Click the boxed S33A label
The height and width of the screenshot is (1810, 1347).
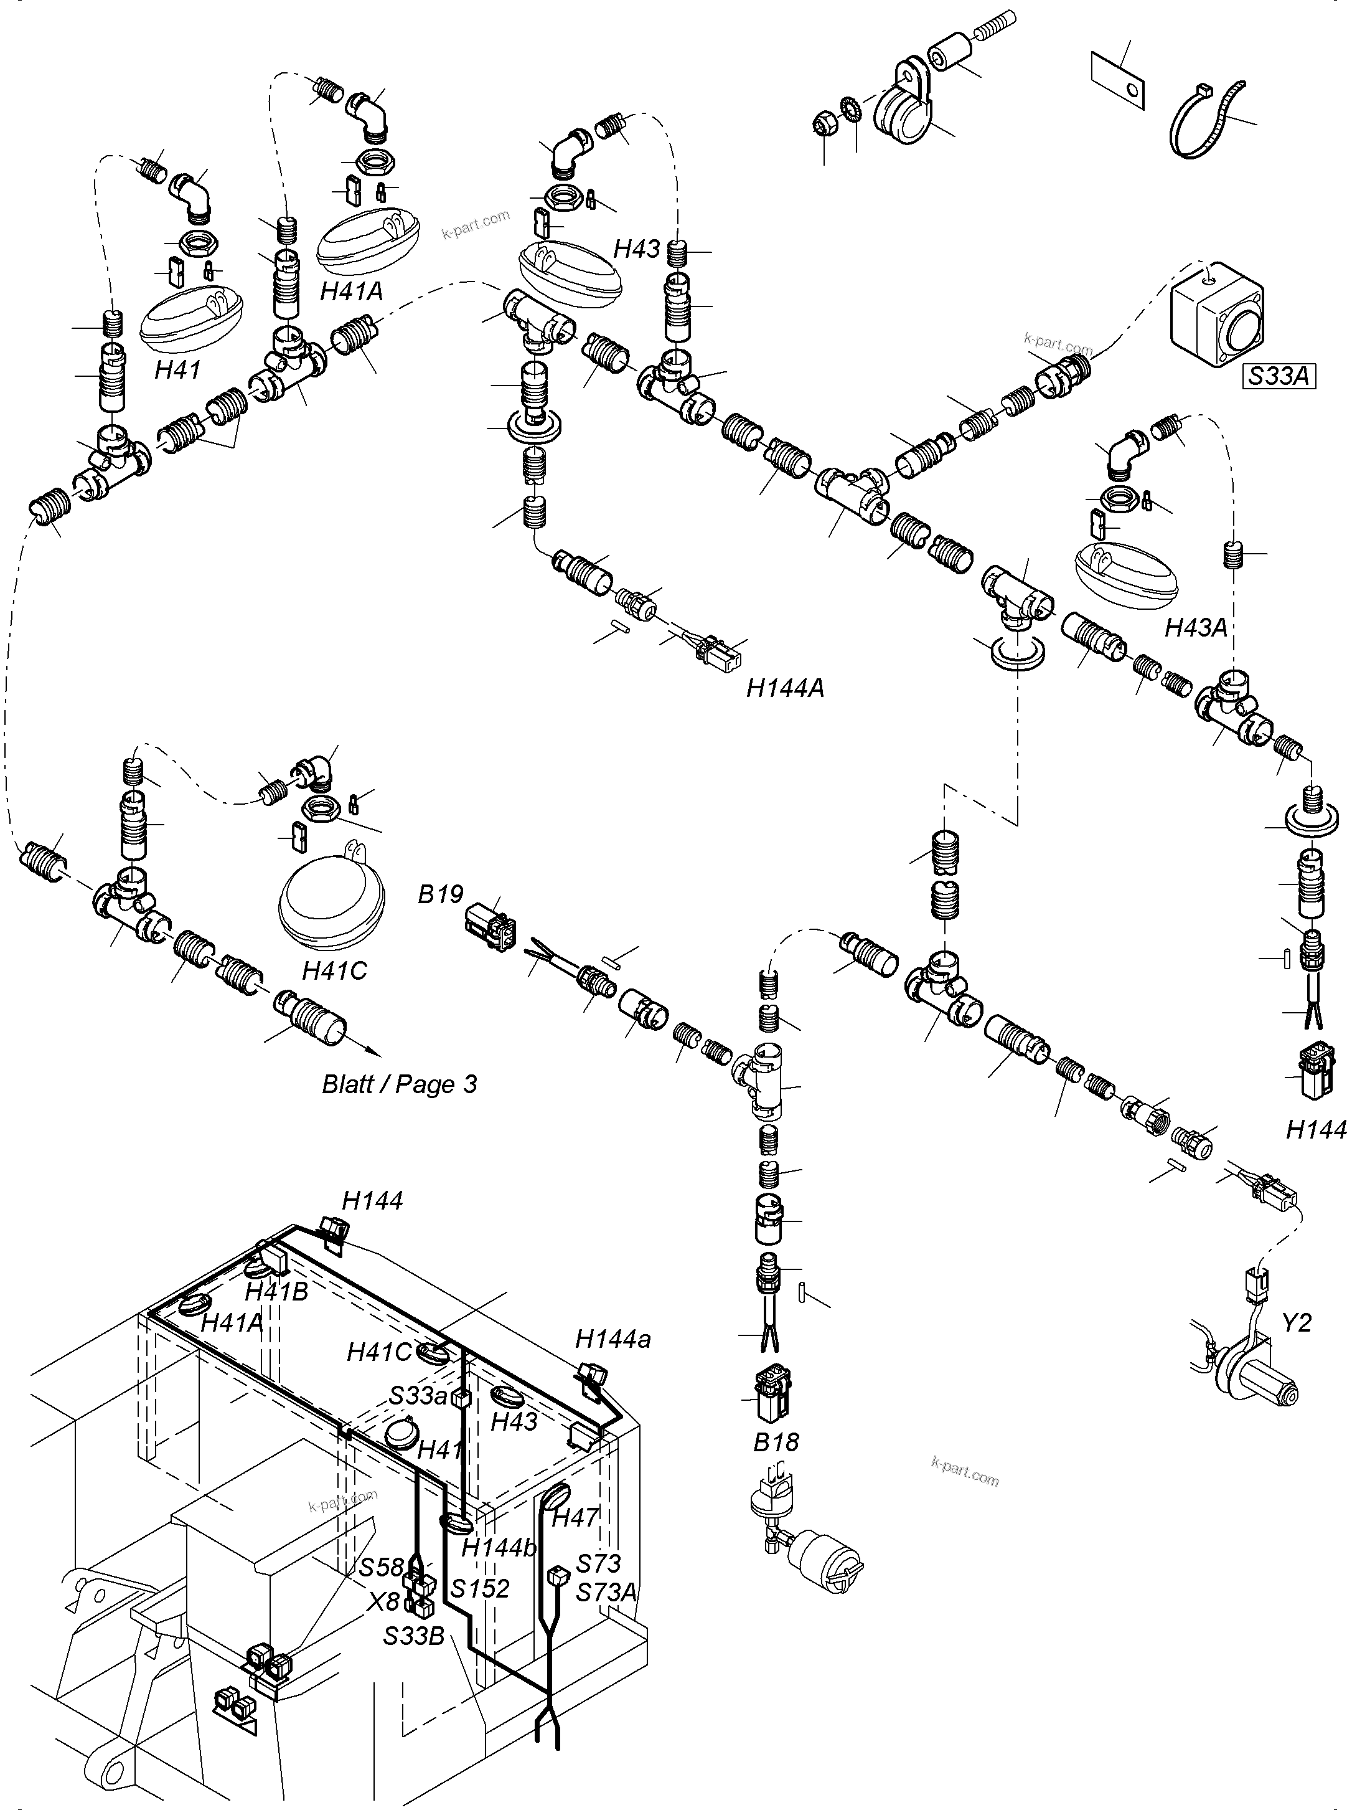(x=1278, y=376)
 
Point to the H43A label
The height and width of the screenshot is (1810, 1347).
(x=1195, y=627)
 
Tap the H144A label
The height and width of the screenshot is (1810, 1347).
(x=784, y=688)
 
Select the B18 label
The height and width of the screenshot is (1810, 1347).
(x=776, y=1441)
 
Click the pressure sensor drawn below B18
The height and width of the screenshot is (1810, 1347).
(x=803, y=1533)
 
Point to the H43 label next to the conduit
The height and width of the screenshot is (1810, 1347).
(x=636, y=249)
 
